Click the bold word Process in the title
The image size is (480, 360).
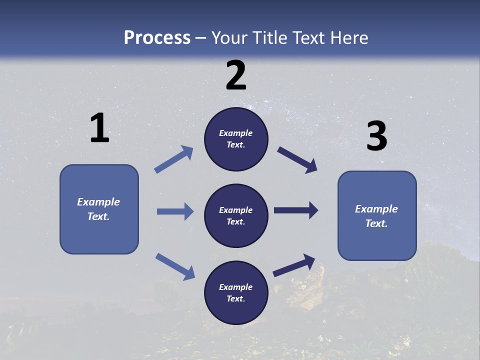click(x=157, y=38)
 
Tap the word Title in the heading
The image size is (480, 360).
click(x=268, y=38)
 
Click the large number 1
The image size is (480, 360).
click(x=99, y=128)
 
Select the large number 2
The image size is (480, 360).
click(x=236, y=75)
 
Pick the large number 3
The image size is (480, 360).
click(x=376, y=136)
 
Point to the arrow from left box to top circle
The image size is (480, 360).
click(x=174, y=159)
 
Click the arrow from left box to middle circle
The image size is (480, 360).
click(x=175, y=211)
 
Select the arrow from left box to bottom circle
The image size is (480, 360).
click(x=175, y=266)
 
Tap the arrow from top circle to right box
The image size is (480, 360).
click(x=297, y=159)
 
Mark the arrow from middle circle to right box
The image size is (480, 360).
click(x=296, y=210)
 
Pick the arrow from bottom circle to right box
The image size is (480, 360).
click(x=294, y=265)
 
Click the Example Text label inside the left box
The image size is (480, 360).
click(x=98, y=209)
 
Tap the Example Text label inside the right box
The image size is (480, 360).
click(x=376, y=216)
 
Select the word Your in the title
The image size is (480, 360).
click(x=229, y=38)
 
